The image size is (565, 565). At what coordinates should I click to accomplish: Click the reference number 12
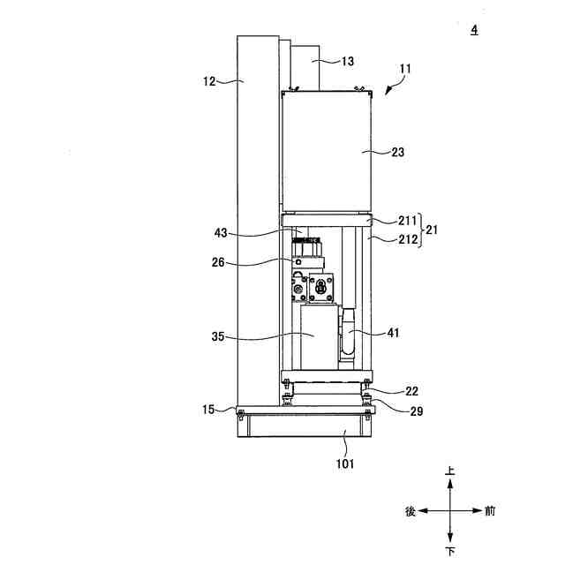point(210,81)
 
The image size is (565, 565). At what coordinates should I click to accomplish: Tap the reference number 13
point(347,61)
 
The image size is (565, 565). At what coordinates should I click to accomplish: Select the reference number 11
point(405,67)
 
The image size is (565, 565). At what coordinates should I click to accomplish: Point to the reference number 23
point(397,152)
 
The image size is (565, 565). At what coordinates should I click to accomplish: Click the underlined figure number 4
point(474,30)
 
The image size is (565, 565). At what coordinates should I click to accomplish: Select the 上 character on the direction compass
point(451,472)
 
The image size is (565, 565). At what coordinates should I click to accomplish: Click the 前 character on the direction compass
point(490,511)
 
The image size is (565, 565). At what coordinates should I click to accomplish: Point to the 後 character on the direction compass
point(411,511)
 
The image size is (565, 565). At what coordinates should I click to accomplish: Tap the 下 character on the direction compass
point(451,551)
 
